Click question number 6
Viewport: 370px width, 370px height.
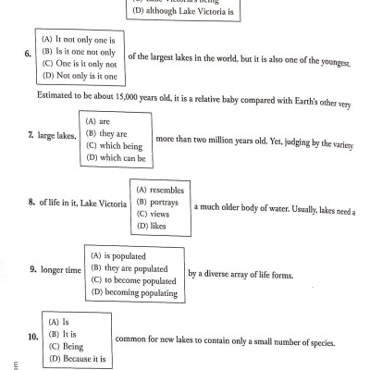[x=29, y=55]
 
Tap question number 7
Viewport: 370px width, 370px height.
[x=32, y=136]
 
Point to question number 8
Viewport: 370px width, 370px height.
[x=32, y=202]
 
